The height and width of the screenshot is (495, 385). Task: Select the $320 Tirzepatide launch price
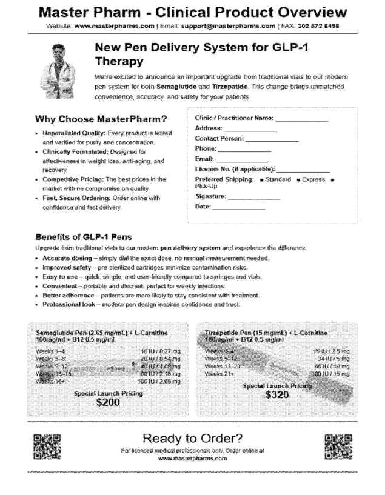click(276, 394)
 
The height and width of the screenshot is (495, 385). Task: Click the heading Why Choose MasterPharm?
click(101, 119)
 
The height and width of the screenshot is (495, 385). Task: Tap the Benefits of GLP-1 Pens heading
click(84, 236)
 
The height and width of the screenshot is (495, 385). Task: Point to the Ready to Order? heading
click(192, 438)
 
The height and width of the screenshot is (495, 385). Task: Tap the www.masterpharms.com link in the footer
click(192, 459)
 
